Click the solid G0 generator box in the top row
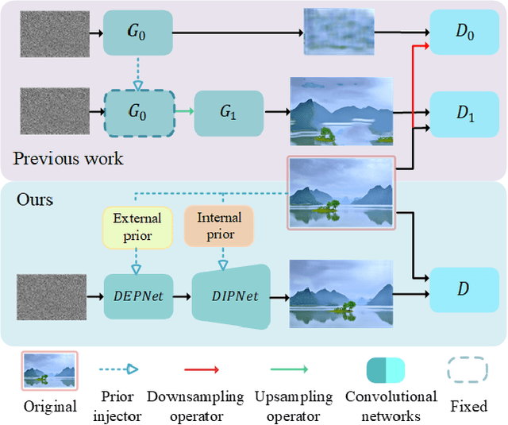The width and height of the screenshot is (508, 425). click(137, 33)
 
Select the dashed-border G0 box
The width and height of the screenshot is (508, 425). click(137, 112)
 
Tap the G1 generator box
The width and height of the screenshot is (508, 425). click(229, 112)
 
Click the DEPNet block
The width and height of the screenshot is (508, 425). click(137, 295)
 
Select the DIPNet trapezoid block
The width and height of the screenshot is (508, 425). click(231, 296)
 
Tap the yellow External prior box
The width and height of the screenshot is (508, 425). click(137, 226)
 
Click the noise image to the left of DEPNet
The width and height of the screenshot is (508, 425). click(52, 296)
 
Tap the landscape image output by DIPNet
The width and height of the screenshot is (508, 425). click(341, 295)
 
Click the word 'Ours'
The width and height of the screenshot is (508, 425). click(34, 199)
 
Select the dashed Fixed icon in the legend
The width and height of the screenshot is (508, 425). click(468, 369)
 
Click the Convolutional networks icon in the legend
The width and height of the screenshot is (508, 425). click(385, 370)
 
